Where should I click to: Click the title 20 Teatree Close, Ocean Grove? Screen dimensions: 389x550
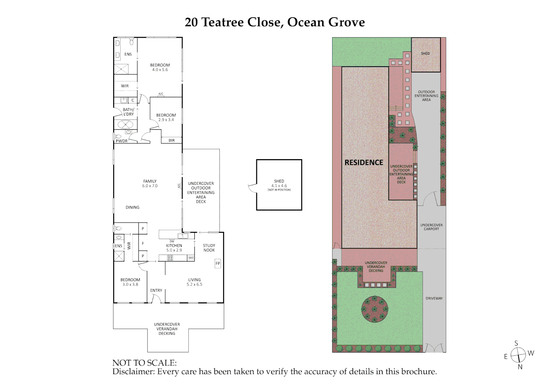pyautogui.click(x=275, y=22)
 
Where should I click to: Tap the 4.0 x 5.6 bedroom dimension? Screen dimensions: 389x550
pyautogui.click(x=160, y=70)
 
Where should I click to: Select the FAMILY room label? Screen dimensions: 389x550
pyautogui.click(x=150, y=181)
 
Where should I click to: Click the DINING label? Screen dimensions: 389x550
pyautogui.click(x=132, y=207)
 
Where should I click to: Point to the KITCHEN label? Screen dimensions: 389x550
pyautogui.click(x=174, y=246)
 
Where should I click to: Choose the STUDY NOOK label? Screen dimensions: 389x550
pyautogui.click(x=209, y=248)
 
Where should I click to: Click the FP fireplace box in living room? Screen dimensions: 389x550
pyautogui.click(x=218, y=263)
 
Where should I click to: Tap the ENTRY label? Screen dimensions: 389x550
pyautogui.click(x=156, y=290)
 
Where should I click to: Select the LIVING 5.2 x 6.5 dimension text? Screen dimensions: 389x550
pyautogui.click(x=194, y=285)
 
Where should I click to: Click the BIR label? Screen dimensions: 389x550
pyautogui.click(x=172, y=140)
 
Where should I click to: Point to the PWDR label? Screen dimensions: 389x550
pyautogui.click(x=122, y=141)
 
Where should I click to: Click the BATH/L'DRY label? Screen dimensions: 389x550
pyautogui.click(x=129, y=112)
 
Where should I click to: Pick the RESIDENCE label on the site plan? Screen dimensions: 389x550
pyautogui.click(x=364, y=162)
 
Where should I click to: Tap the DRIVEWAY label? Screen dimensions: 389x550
pyautogui.click(x=434, y=298)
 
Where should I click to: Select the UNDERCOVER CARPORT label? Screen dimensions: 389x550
pyautogui.click(x=431, y=227)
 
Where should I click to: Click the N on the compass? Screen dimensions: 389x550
pyautogui.click(x=520, y=367)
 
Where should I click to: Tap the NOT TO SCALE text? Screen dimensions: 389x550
pyautogui.click(x=144, y=363)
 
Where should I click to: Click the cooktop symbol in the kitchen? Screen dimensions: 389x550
pyautogui.click(x=170, y=258)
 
